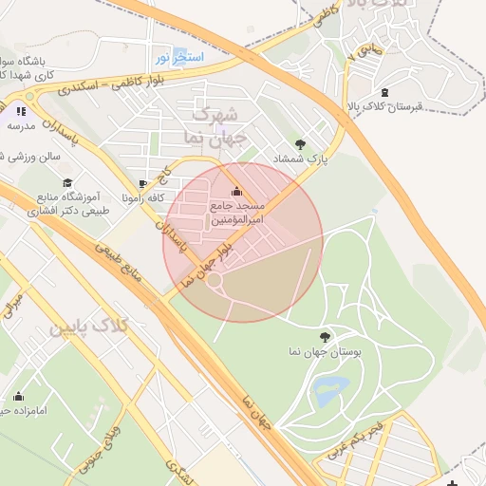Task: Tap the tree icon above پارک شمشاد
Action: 301,144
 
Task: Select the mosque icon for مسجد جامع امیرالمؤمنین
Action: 236,192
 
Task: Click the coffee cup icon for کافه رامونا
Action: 142,184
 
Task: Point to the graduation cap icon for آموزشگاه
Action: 66,182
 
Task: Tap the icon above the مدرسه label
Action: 21,111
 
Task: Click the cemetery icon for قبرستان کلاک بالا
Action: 383,92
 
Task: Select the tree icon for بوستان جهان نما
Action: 326,336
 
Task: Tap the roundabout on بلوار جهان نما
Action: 215,280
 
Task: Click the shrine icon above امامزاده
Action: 18,396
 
